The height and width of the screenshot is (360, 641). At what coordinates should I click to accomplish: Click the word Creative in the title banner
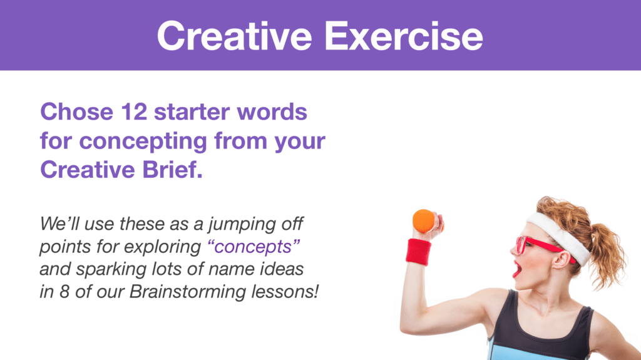[x=235, y=36]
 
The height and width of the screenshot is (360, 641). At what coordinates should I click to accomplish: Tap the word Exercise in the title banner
[x=404, y=36]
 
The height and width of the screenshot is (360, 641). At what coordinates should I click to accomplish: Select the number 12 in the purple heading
[x=134, y=111]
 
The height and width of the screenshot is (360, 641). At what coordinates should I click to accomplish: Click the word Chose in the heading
[x=76, y=111]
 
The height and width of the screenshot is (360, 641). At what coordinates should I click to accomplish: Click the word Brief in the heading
[x=172, y=170]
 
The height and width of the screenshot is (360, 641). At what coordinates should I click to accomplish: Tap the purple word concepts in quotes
[x=254, y=247]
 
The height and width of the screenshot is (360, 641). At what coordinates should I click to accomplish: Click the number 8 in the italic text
[x=64, y=292]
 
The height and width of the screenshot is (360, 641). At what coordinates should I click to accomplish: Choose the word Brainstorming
[x=188, y=292]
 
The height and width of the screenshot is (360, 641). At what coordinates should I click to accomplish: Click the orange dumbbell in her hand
[x=425, y=221]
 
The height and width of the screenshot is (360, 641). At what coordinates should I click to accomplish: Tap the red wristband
[x=418, y=252]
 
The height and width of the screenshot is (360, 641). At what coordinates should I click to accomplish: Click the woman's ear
[x=565, y=259]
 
